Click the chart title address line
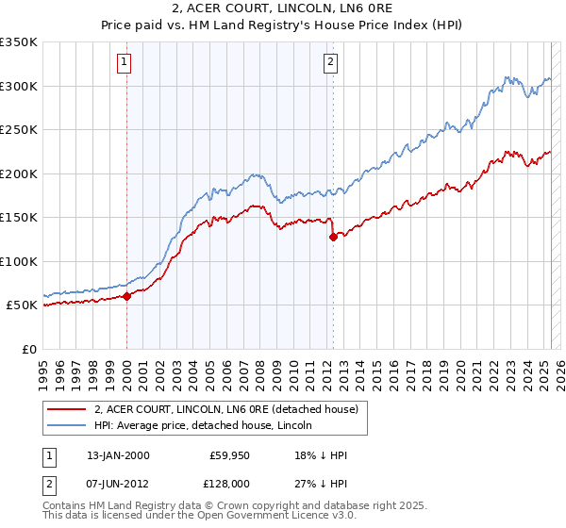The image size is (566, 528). (282, 9)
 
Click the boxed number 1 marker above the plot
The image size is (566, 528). (125, 63)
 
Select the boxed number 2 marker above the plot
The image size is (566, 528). (331, 63)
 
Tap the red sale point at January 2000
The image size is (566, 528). (126, 296)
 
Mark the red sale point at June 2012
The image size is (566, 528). (333, 237)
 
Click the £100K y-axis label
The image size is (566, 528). (20, 261)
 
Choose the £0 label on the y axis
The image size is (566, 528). (27, 349)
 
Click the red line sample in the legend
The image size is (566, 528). (67, 410)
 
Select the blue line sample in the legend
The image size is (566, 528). (67, 426)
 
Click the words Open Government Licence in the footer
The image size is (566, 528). (283, 516)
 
